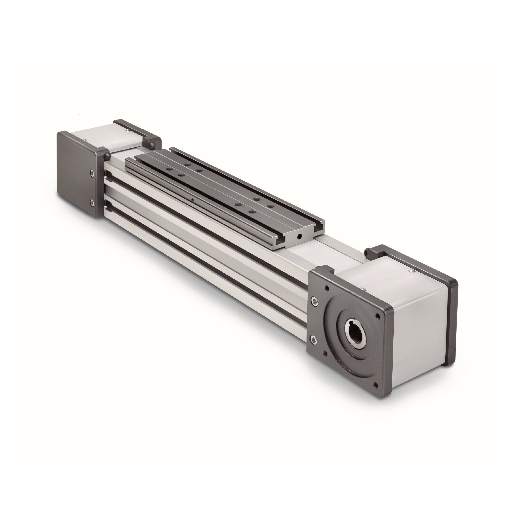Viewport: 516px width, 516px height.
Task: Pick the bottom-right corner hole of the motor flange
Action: pos(376,385)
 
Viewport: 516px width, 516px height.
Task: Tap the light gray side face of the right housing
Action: pos(422,331)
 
